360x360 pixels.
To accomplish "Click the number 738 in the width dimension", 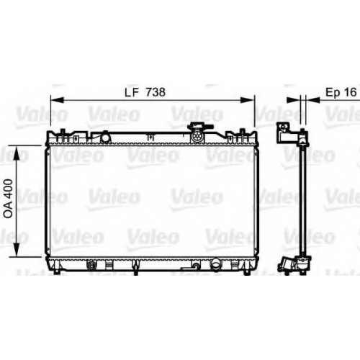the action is tap(156, 92).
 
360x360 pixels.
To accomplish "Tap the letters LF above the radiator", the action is tap(132, 92).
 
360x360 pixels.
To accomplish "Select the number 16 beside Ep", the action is tap(351, 92).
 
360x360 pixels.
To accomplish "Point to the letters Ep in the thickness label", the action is tap(333, 93).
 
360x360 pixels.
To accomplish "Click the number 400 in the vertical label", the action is tap(9, 188).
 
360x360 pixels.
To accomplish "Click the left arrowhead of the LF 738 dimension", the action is tap(57, 100).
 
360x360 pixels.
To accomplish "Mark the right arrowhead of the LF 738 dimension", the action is tap(247, 100).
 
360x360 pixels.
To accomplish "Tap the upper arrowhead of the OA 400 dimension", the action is tap(17, 153).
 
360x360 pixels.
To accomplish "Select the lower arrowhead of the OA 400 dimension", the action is tap(17, 249).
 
